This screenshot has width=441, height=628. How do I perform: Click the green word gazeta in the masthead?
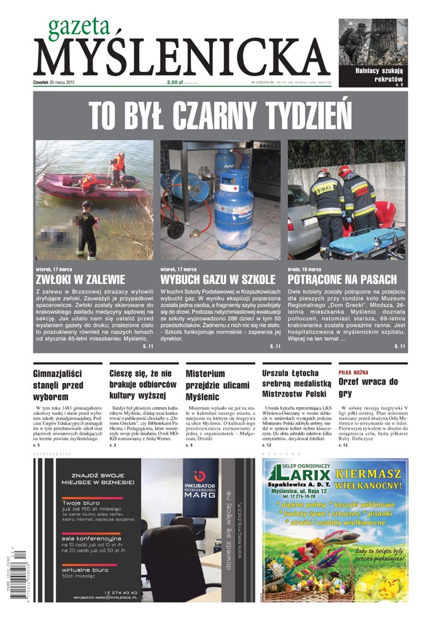pyautogui.click(x=79, y=26)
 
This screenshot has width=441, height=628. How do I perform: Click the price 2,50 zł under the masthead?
pyautogui.click(x=176, y=82)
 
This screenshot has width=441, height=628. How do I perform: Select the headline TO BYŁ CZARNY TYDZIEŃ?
pyautogui.click(x=220, y=116)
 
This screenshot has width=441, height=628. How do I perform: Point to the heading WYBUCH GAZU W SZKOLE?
pyautogui.click(x=218, y=278)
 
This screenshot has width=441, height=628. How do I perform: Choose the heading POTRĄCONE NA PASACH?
pyautogui.click(x=342, y=278)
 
